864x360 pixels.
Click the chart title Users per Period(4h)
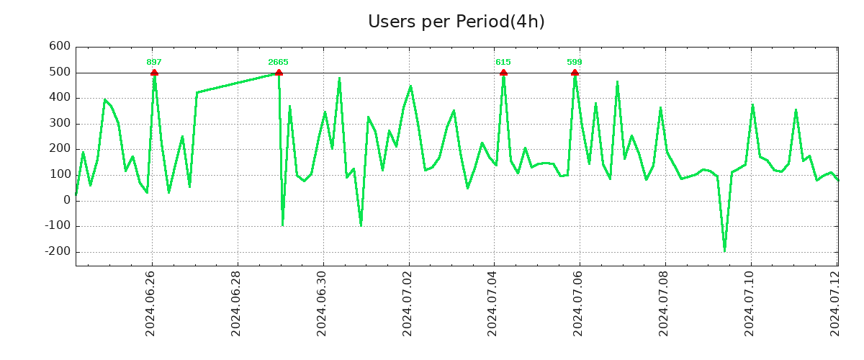click(x=456, y=22)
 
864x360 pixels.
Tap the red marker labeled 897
click(x=154, y=73)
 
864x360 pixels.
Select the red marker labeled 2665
click(x=279, y=73)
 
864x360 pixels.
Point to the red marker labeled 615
click(x=503, y=73)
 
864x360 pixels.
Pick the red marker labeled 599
click(x=575, y=73)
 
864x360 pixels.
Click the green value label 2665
click(x=278, y=62)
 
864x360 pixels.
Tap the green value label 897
click(x=154, y=62)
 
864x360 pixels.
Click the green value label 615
click(x=503, y=62)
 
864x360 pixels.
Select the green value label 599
click(x=575, y=62)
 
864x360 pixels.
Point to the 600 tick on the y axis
click(x=59, y=47)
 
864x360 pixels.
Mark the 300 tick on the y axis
click(x=59, y=124)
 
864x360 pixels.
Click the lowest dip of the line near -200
click(x=724, y=251)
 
